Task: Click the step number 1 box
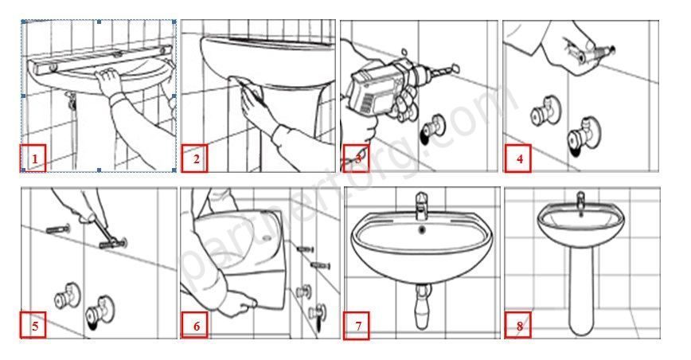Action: [x=33, y=159]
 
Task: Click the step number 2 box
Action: [x=195, y=159]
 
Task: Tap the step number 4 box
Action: [x=519, y=159]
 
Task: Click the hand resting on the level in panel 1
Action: [x=107, y=76]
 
